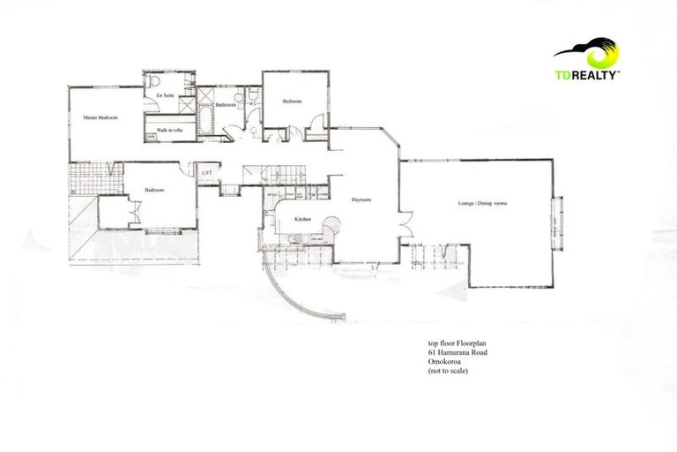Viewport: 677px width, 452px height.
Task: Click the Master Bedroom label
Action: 100,117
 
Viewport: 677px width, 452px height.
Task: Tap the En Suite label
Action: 165,94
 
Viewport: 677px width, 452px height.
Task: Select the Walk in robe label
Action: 169,130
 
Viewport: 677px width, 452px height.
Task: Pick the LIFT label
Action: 208,172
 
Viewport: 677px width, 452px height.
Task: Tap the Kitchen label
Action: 302,218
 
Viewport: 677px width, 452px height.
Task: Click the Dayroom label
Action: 361,200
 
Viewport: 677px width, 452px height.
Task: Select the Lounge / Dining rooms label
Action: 482,204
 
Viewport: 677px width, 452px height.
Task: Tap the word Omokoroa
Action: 437,362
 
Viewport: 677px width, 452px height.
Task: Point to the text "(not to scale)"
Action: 443,372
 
